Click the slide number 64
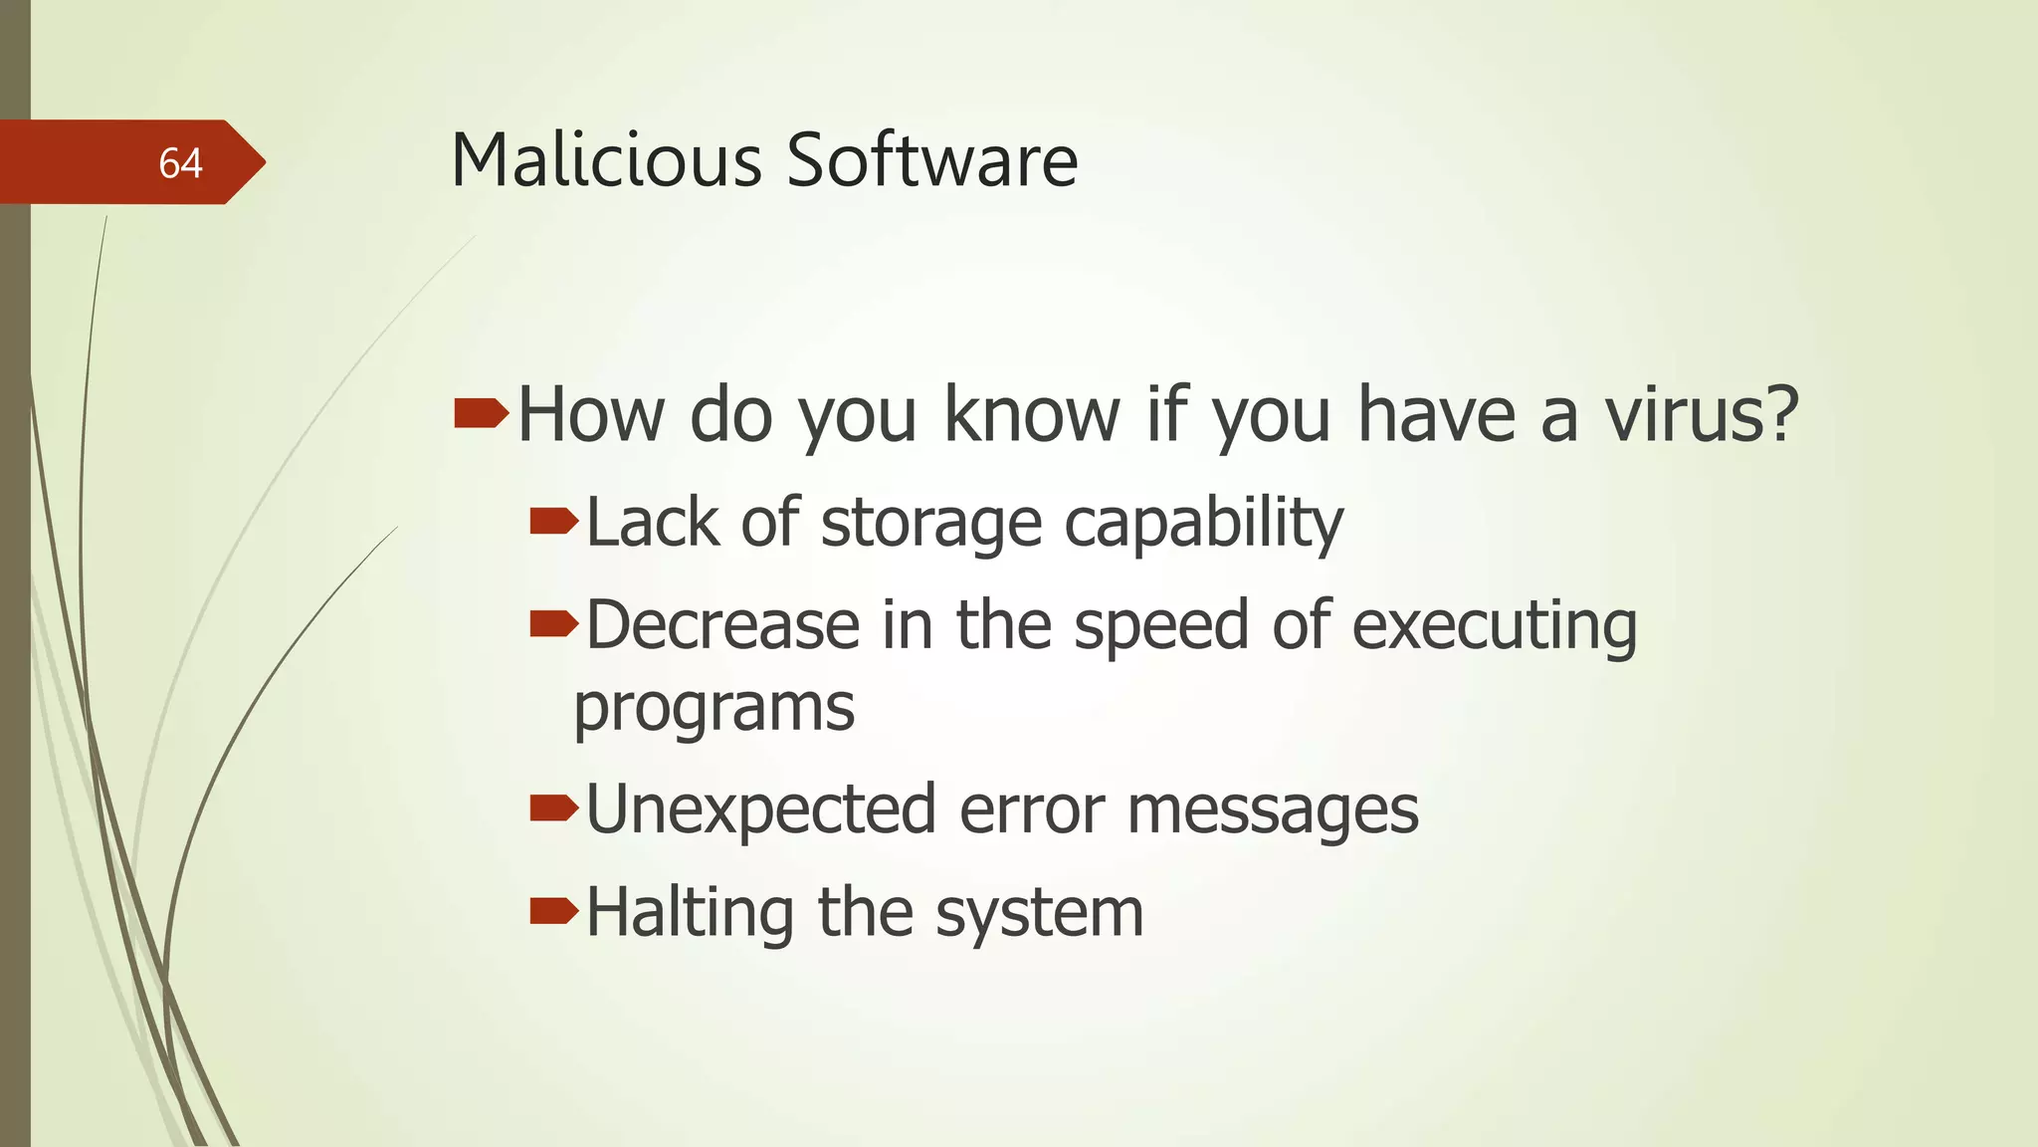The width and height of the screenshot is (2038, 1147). (180, 163)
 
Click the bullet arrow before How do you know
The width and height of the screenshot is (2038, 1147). (482, 412)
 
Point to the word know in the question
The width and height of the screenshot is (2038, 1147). (1032, 414)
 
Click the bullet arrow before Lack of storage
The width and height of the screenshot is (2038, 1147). (553, 520)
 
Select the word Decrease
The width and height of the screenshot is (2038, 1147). (722, 625)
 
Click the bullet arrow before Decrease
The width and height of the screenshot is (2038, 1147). (553, 623)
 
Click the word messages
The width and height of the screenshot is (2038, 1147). (1273, 810)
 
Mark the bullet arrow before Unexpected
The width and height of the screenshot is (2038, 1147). (553, 807)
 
